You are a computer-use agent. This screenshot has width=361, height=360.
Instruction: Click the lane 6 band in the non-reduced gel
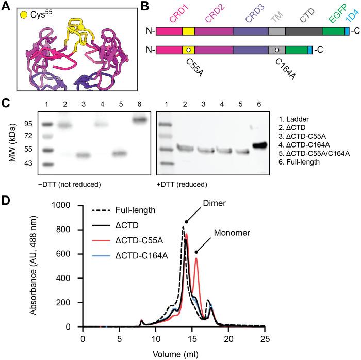coord(140,120)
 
